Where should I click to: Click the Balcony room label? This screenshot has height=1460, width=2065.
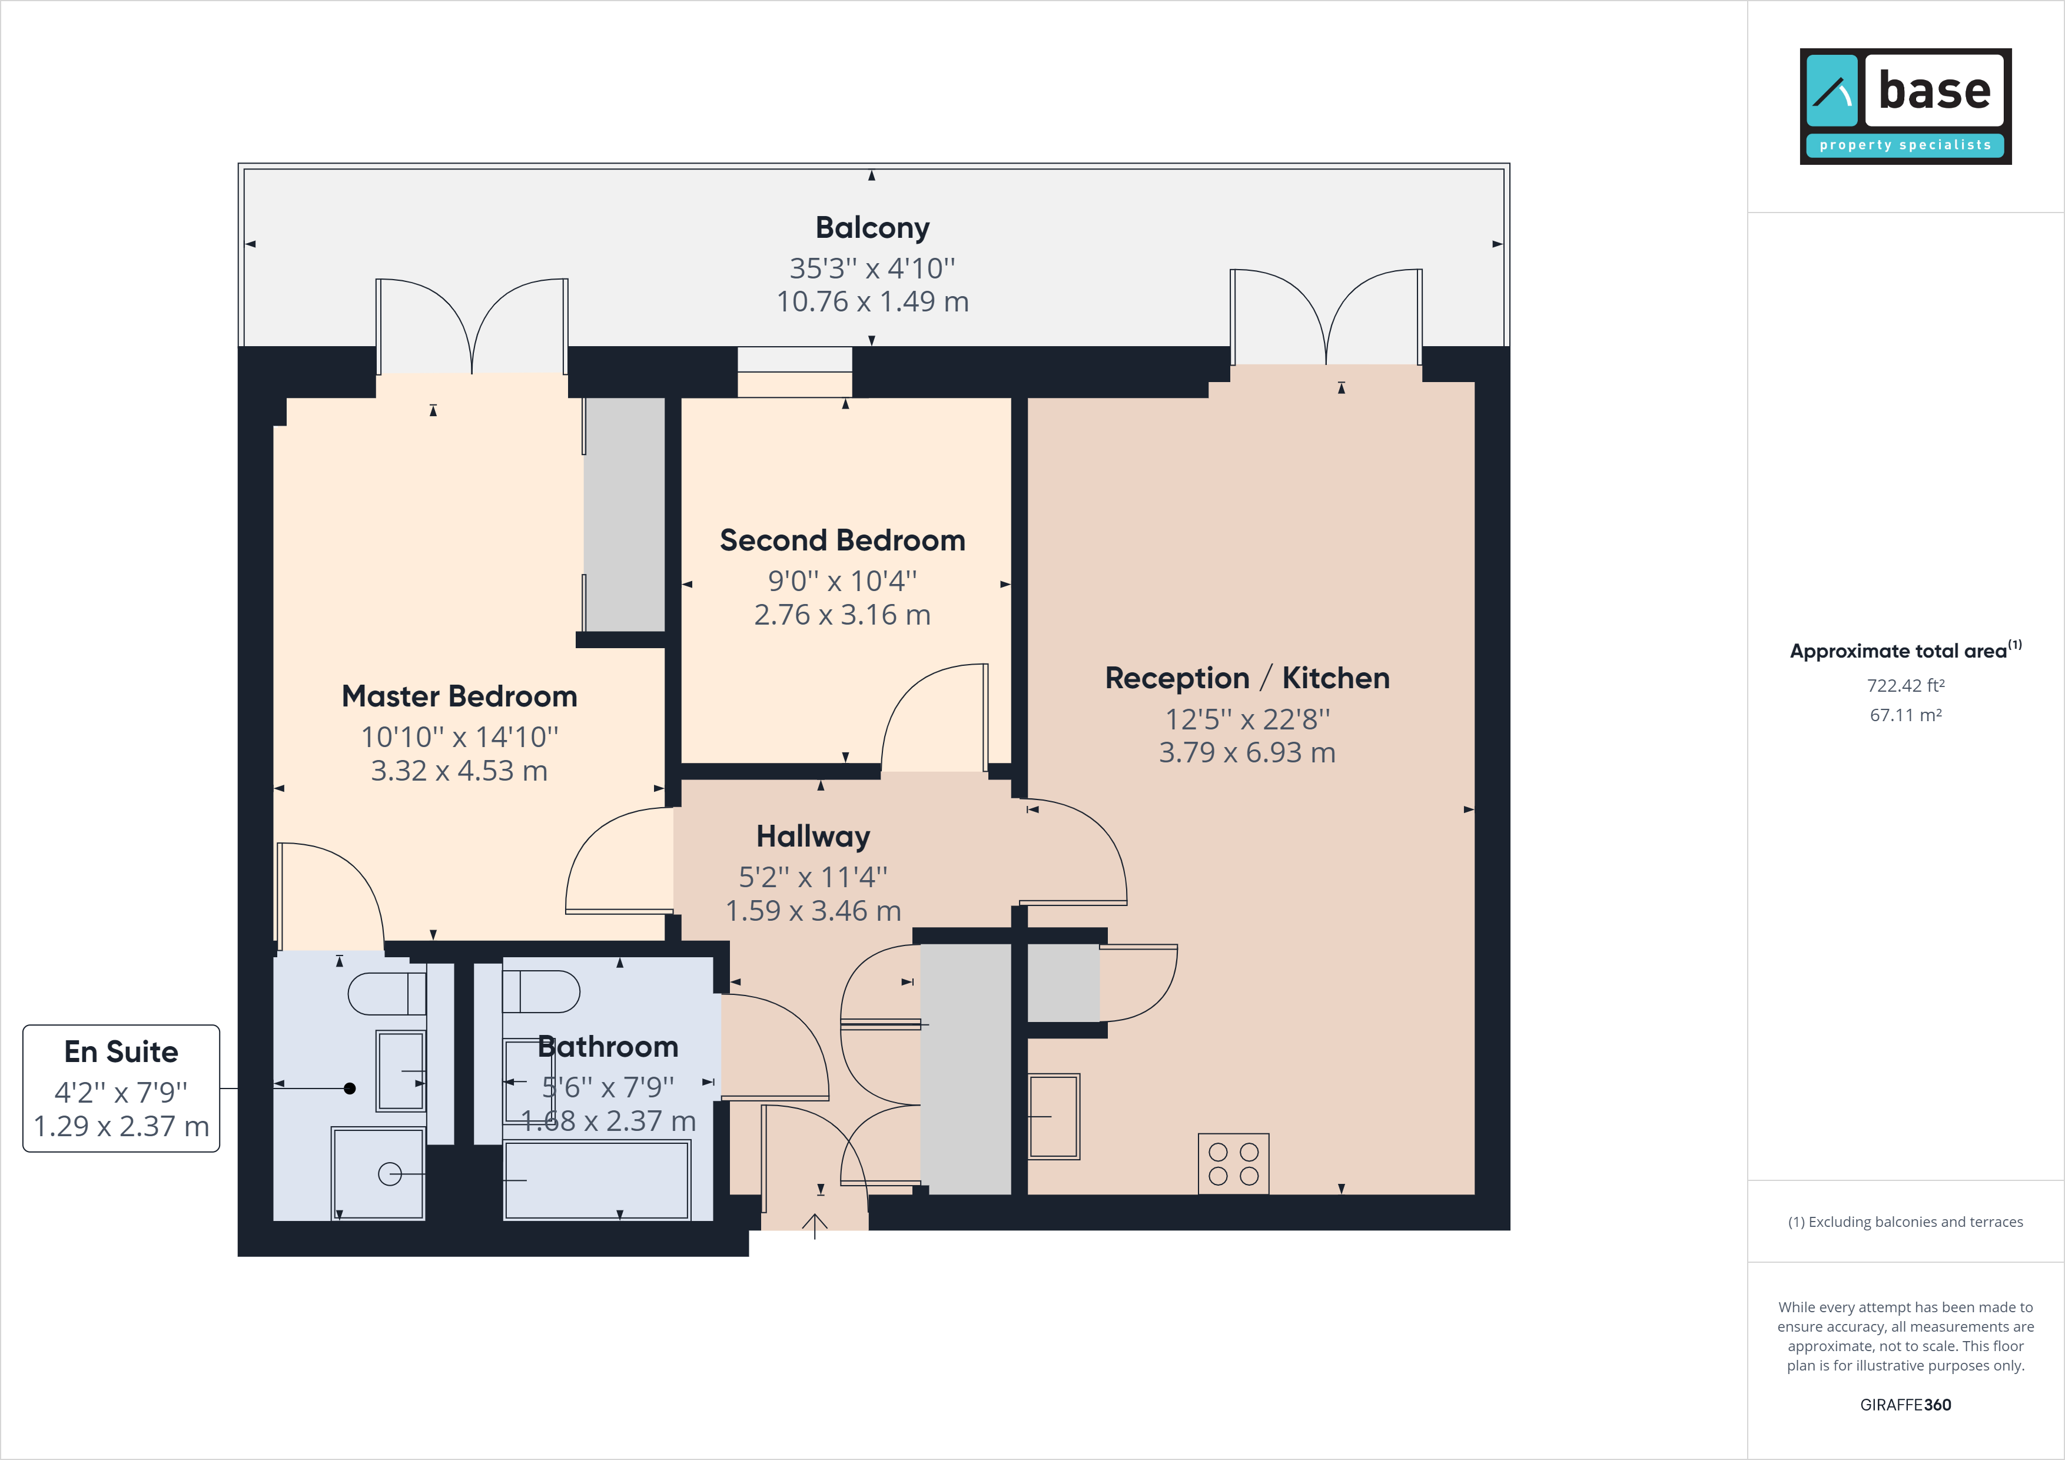coord(872,228)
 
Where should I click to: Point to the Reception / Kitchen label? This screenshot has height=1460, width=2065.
coord(1247,678)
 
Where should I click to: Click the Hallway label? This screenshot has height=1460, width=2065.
coord(813,837)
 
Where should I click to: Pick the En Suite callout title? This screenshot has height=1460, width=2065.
coord(121,1051)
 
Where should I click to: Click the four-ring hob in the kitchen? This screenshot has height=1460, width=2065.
coord(1233,1163)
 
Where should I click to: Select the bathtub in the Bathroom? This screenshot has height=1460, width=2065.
coord(597,1180)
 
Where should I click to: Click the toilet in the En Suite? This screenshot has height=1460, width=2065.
coord(387,994)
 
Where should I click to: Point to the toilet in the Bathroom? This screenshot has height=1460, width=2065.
coord(540,992)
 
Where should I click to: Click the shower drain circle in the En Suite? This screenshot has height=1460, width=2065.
coord(390,1174)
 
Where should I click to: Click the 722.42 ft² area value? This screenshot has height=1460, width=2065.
coord(1906,685)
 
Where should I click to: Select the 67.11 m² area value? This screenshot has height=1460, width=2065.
coord(1906,715)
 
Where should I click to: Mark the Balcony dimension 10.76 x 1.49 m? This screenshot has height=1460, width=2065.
coord(872,301)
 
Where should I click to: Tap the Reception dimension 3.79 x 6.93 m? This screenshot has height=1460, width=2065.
coord(1247,752)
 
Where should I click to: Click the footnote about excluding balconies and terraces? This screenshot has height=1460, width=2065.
coord(1906,1222)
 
